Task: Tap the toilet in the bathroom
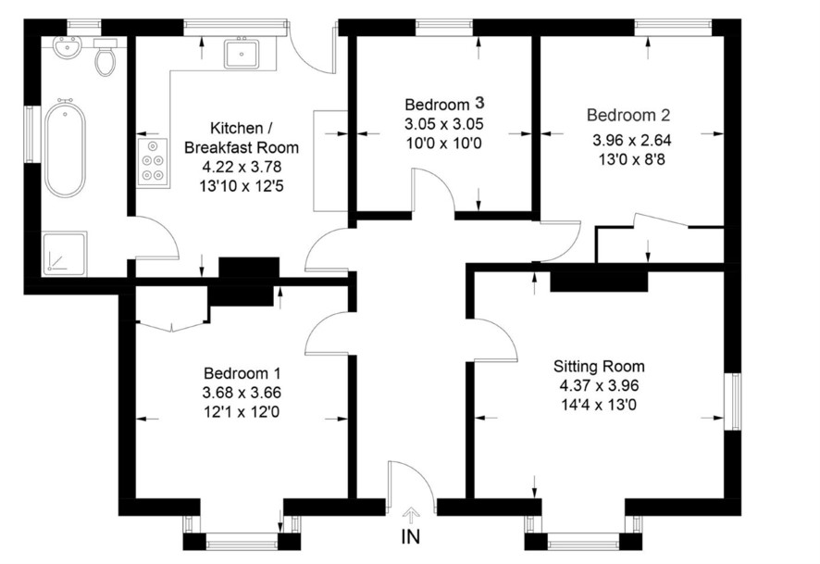point(106,57)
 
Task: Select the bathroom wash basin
point(67,47)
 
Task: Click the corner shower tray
point(65,253)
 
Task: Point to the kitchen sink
point(242,54)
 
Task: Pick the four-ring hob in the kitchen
point(154,162)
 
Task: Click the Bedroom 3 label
point(444,104)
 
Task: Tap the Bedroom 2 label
point(628,115)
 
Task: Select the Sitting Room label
point(600,366)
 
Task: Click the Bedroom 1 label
point(242,373)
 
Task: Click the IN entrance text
point(411,537)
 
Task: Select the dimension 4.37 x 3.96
point(600,386)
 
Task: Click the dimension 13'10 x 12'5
point(242,186)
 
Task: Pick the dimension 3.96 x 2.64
point(632,140)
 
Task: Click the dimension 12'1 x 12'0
point(242,412)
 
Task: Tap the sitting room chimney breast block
point(600,281)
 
